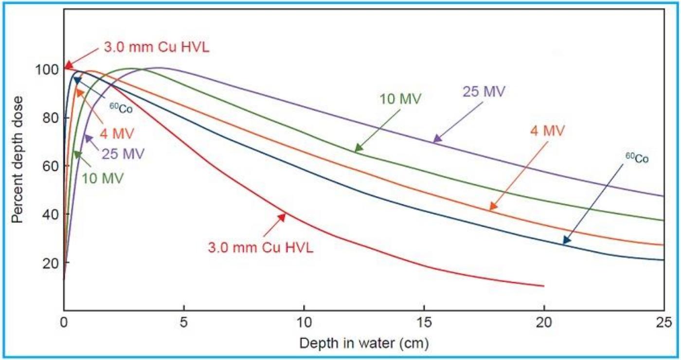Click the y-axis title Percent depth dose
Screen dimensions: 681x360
[x=17, y=160]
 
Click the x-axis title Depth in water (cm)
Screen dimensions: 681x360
[x=364, y=343]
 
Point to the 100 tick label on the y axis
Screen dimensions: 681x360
[x=47, y=70]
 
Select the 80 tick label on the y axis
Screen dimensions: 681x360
[x=51, y=118]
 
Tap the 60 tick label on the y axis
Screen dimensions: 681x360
[x=51, y=166]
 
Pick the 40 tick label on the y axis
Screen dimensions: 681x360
[x=51, y=215]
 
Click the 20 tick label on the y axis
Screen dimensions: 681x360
[x=51, y=263]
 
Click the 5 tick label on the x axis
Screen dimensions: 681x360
[x=183, y=323]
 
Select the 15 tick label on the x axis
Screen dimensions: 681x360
[x=424, y=323]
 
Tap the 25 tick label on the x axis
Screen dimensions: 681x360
[x=664, y=323]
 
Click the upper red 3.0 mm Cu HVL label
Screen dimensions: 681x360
[x=157, y=48]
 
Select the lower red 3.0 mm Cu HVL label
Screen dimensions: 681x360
[x=261, y=248]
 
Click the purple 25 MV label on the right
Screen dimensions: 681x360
[x=484, y=91]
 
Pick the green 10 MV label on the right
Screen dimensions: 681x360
[x=400, y=99]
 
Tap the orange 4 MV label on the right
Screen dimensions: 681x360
[x=547, y=131]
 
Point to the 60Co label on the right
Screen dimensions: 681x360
[x=637, y=158]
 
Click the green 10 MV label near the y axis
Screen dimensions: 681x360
[x=103, y=179]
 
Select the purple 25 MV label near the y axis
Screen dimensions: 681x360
[x=123, y=154]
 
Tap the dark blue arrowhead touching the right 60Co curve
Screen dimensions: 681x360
[x=567, y=240]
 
